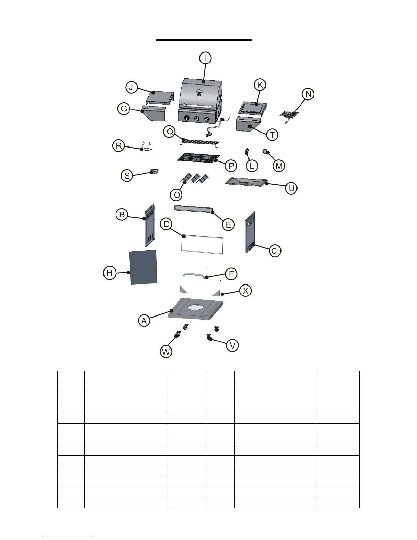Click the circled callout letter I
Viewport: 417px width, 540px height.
205,58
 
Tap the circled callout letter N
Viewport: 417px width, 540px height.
308,94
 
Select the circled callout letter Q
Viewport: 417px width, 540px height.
170,132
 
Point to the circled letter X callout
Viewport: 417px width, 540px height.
245,291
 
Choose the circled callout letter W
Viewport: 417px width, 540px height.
166,352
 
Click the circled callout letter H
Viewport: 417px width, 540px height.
110,273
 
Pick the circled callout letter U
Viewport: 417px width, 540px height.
291,188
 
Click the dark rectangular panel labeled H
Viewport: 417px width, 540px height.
143,267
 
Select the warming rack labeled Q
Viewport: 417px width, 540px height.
200,143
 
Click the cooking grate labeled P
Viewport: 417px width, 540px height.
198,158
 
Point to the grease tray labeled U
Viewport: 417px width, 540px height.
246,182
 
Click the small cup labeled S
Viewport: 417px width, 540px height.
155,171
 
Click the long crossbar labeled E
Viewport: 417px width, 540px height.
194,210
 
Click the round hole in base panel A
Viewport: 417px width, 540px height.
197,307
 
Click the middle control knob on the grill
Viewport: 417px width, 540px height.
197,119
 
